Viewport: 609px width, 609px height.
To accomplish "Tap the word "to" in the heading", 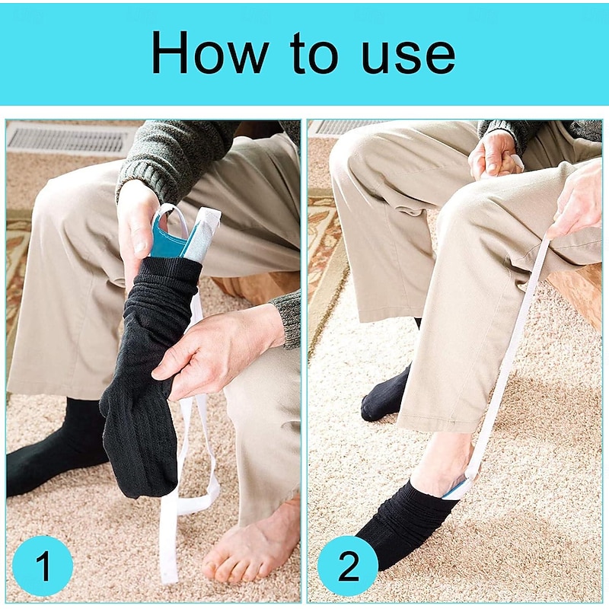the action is [x=314, y=53].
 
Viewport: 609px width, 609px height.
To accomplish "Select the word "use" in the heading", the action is [x=408, y=58].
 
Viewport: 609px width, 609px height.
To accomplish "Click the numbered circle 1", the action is [x=43, y=566].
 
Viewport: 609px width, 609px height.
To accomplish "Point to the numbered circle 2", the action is [x=348, y=566].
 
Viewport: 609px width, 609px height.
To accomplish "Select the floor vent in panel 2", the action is [x=349, y=127].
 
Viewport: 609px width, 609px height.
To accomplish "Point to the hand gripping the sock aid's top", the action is [x=137, y=229].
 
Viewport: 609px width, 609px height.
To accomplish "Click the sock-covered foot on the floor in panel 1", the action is [x=54, y=451].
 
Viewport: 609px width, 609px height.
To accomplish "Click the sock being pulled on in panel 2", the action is [x=408, y=525].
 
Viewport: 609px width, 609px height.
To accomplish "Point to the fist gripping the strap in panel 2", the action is [x=493, y=155].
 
